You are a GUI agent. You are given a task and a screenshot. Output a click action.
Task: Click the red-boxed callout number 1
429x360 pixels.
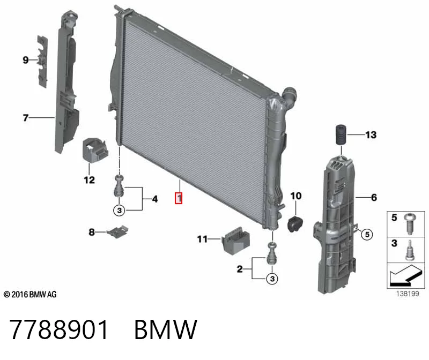coord(179,198)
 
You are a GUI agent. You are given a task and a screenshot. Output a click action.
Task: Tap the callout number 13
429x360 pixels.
coord(371,135)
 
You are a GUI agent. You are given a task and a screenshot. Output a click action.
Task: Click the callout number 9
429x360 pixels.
coord(26,60)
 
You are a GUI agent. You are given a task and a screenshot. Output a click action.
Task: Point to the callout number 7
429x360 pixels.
coord(26,117)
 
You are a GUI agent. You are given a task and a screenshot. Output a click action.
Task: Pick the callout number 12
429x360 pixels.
coord(89,180)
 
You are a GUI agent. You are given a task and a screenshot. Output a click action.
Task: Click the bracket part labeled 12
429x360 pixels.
coord(95,151)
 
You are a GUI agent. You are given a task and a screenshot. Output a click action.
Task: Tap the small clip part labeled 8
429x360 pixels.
coord(117,231)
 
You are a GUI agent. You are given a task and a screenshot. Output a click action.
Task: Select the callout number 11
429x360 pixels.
coord(202,239)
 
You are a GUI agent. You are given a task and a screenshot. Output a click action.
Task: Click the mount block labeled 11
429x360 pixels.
coord(235,241)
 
